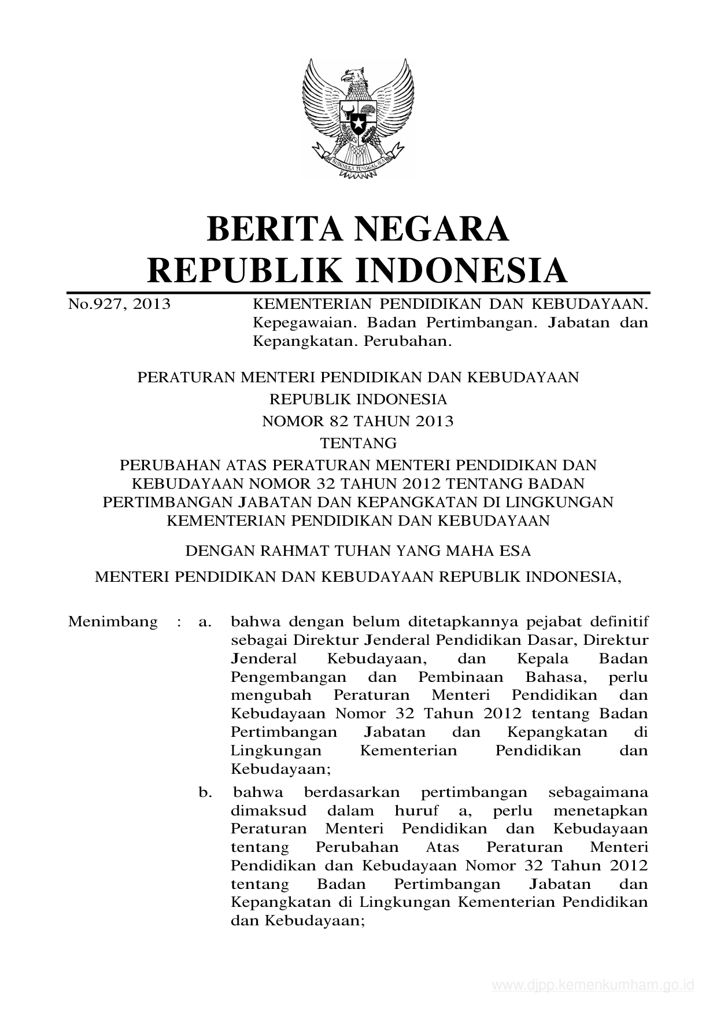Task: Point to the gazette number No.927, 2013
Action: [119, 304]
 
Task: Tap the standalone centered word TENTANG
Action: [358, 444]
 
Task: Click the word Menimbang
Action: [113, 622]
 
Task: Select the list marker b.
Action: [205, 792]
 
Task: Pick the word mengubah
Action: [271, 695]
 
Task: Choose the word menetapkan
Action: [600, 810]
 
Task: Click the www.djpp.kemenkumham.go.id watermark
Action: [592, 986]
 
